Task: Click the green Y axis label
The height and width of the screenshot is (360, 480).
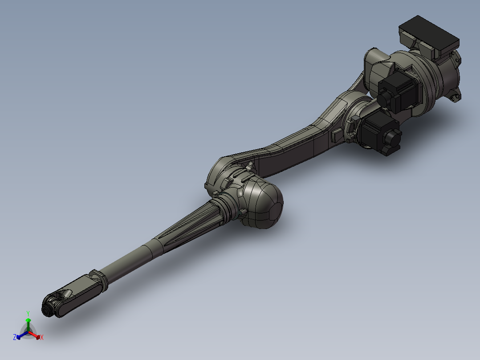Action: coord(28,313)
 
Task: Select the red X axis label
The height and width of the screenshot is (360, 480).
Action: coord(42,338)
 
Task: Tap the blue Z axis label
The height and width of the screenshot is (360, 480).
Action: coord(15,337)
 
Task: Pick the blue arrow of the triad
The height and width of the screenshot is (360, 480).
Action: coord(20,335)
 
